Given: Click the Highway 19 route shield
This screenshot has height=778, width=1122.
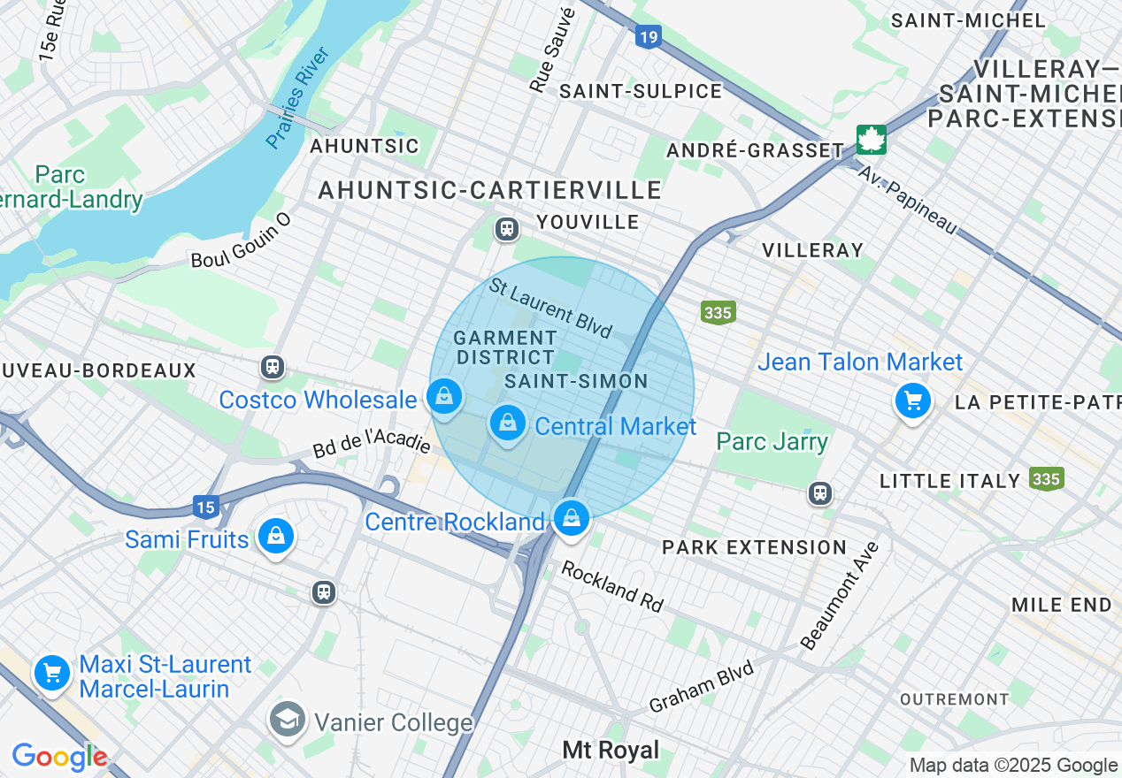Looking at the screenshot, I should pos(649,36).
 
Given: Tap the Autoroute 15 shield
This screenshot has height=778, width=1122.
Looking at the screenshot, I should pos(205,507).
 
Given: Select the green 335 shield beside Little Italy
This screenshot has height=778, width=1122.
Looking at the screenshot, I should pos(1046,478).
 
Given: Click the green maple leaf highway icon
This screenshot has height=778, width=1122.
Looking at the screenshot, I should pos(871,139).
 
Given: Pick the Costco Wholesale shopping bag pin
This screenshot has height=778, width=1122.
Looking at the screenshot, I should pos(444,397).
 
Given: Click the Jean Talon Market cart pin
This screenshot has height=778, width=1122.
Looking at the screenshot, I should pos(912,401).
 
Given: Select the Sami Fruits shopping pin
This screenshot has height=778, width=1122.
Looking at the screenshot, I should pos(276,536).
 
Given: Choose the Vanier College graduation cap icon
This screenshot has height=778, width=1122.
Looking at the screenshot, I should pos(288,721).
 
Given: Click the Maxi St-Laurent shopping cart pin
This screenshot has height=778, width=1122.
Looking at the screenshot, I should pos(52,674).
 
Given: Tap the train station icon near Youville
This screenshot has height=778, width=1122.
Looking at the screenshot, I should pos(507,229).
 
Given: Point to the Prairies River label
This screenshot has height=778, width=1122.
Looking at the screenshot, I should pos(298,97).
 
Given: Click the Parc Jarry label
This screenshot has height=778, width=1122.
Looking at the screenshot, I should pos(772,442).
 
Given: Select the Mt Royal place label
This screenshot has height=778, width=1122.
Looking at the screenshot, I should pos(611,751).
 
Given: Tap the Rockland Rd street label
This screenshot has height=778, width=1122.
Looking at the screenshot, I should pos(612,586).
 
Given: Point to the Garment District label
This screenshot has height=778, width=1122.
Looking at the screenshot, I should pos(505,347).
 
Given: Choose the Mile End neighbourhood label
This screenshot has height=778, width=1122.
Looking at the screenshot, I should pos(1062,605).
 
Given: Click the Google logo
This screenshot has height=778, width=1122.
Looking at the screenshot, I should pos(59,758).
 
